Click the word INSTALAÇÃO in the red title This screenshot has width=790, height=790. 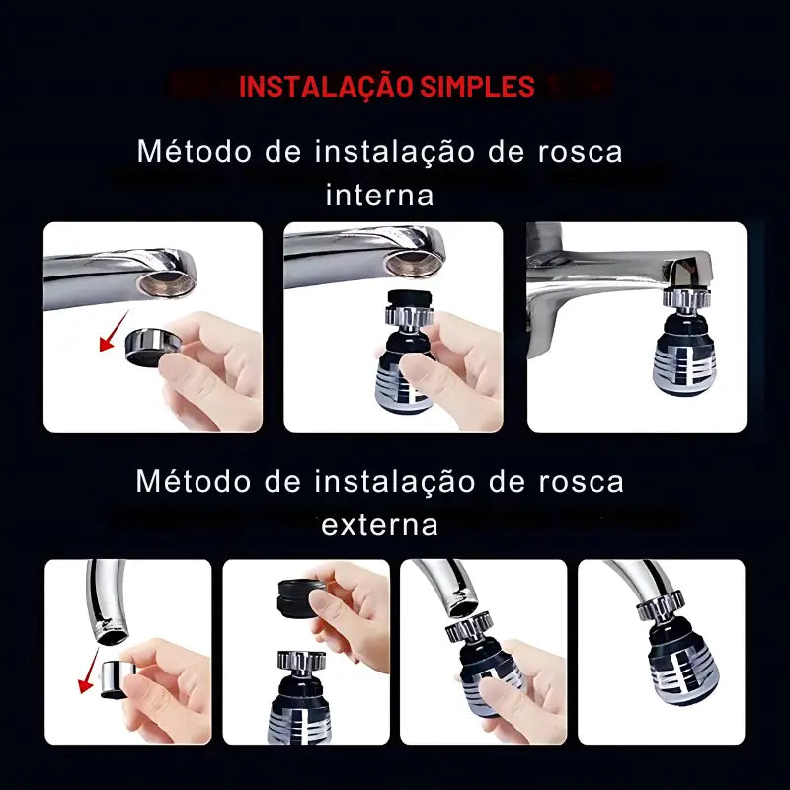click(x=325, y=86)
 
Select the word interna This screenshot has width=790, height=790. click(x=379, y=195)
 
